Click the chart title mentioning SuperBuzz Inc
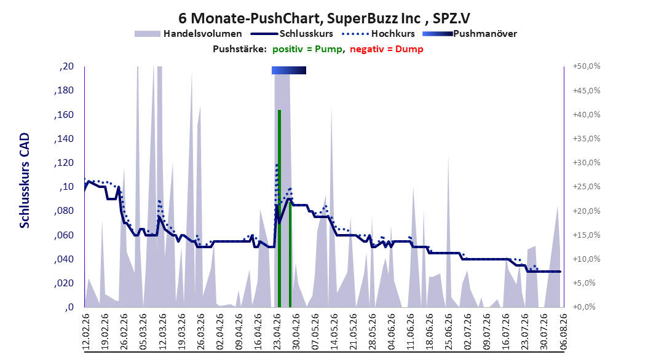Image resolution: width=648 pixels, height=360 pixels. tap(324, 18)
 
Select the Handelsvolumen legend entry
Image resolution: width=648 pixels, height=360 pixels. tap(188, 34)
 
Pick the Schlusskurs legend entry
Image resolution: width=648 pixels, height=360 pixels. tap(292, 34)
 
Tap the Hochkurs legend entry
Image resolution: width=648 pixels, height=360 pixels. tap(379, 34)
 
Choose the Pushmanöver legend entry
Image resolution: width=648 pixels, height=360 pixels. tap(470, 34)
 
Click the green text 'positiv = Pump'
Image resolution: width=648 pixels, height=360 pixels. tap(307, 49)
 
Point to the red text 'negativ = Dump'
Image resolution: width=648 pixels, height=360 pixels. tap(387, 49)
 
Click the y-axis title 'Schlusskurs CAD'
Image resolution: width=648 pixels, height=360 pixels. tap(25, 181)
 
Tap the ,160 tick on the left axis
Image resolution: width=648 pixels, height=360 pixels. tap(64, 115)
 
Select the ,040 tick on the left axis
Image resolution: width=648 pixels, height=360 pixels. tap(64, 259)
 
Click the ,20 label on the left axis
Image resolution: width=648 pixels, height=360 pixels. tap(66, 66)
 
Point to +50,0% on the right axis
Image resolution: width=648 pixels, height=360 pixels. tap(587, 66)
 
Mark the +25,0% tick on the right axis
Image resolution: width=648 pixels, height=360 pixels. tap(587, 187)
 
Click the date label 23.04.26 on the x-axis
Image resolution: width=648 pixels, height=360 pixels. tap(278, 332)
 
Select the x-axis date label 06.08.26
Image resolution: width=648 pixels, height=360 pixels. tap(563, 332)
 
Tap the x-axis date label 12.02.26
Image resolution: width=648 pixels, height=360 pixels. tap(86, 332)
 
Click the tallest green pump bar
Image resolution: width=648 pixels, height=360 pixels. tap(279, 208)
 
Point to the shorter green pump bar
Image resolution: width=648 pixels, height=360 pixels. tap(290, 254)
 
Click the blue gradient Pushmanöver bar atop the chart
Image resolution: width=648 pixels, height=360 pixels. tap(289, 70)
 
